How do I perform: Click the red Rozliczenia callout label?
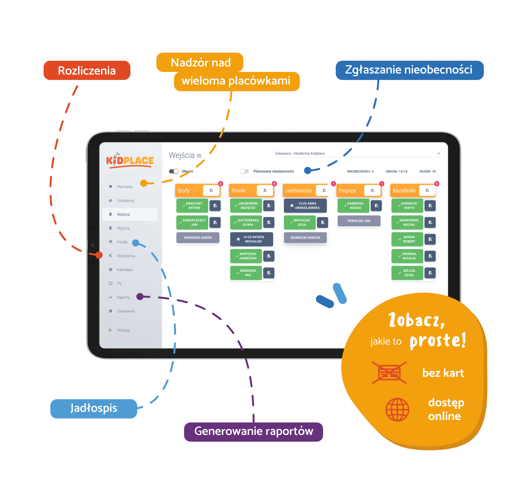point(87,70)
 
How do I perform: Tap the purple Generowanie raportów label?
point(254,432)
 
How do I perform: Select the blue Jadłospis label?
point(94,408)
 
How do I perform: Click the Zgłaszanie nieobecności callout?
point(410,70)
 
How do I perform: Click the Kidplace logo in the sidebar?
point(130,161)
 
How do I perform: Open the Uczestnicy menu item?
point(125,201)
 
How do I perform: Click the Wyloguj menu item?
point(123,330)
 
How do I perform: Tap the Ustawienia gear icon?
point(110,311)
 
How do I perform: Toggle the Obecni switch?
point(174,171)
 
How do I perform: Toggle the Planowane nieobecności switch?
point(244,171)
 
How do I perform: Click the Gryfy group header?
point(198,190)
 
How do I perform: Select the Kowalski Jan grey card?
point(359,221)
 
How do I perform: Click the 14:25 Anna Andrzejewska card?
point(305,206)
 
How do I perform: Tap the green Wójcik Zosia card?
point(407,273)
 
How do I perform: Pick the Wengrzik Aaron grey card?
point(198,238)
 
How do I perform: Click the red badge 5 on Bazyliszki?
point(437,184)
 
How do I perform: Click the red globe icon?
point(397,409)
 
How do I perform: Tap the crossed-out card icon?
point(389,373)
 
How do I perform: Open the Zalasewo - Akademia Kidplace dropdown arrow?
point(439,153)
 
